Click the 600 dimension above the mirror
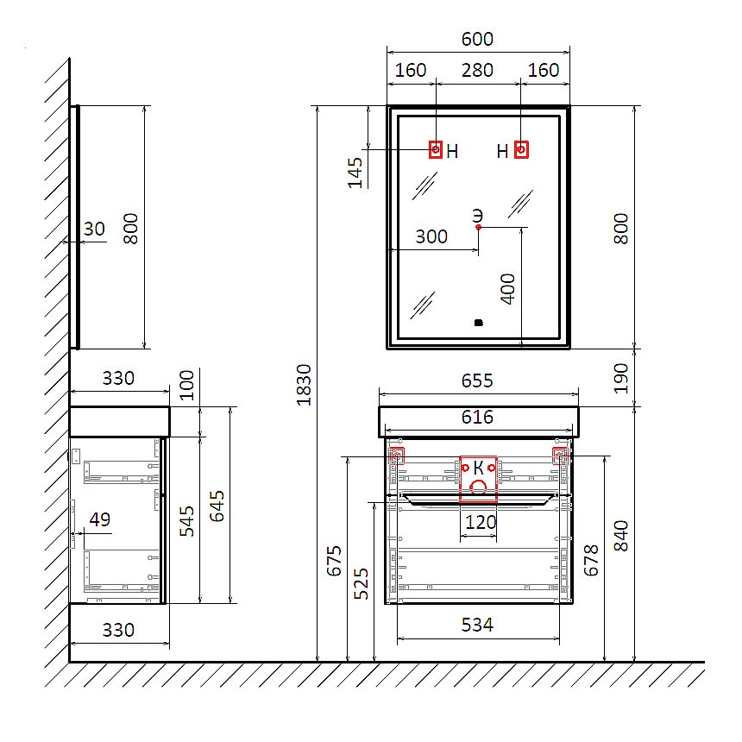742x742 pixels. click(x=477, y=39)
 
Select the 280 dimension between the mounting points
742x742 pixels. click(x=477, y=70)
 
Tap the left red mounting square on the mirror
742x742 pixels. click(x=436, y=149)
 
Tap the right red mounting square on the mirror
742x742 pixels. click(x=521, y=149)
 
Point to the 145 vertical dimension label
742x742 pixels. click(x=355, y=173)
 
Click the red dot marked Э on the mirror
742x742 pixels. click(x=479, y=227)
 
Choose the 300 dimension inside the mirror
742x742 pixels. click(x=431, y=236)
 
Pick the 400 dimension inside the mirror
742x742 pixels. click(x=507, y=289)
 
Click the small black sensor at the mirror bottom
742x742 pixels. click(x=479, y=323)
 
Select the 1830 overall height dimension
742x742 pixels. click(x=304, y=385)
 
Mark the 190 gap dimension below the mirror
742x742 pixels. click(x=621, y=378)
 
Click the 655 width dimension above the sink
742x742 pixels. click(x=477, y=380)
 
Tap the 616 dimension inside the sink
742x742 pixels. click(x=477, y=417)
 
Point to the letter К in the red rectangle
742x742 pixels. click(x=479, y=468)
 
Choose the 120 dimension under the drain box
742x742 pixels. click(x=481, y=523)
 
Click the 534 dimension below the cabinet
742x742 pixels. click(x=477, y=626)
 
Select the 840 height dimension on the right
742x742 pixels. click(x=621, y=536)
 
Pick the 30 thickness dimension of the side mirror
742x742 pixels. click(x=94, y=229)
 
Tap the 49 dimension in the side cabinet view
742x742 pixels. click(x=100, y=519)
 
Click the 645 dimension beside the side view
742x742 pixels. click(x=217, y=506)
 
